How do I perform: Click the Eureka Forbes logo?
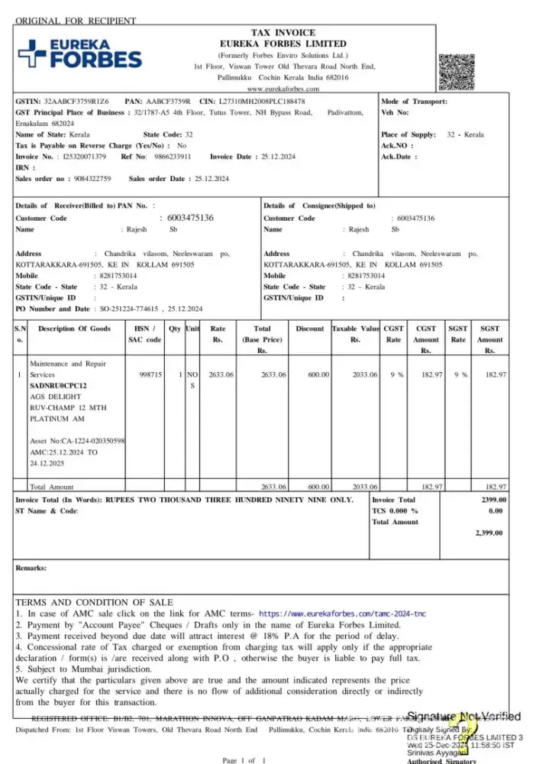pyautogui.click(x=79, y=54)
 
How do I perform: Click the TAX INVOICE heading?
pyautogui.click(x=283, y=33)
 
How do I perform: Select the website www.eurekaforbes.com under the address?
pyautogui.click(x=283, y=89)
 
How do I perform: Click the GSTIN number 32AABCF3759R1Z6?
pyautogui.click(x=76, y=101)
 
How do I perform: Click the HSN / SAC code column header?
pyautogui.click(x=144, y=334)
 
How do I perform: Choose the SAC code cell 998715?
pyautogui.click(x=150, y=375)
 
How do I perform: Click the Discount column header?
pyautogui.click(x=310, y=329)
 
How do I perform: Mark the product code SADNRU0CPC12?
pyautogui.click(x=58, y=386)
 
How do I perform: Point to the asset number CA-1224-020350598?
pyautogui.click(x=77, y=441)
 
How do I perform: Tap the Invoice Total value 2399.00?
pyautogui.click(x=493, y=499)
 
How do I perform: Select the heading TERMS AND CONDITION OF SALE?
pyautogui.click(x=94, y=602)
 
